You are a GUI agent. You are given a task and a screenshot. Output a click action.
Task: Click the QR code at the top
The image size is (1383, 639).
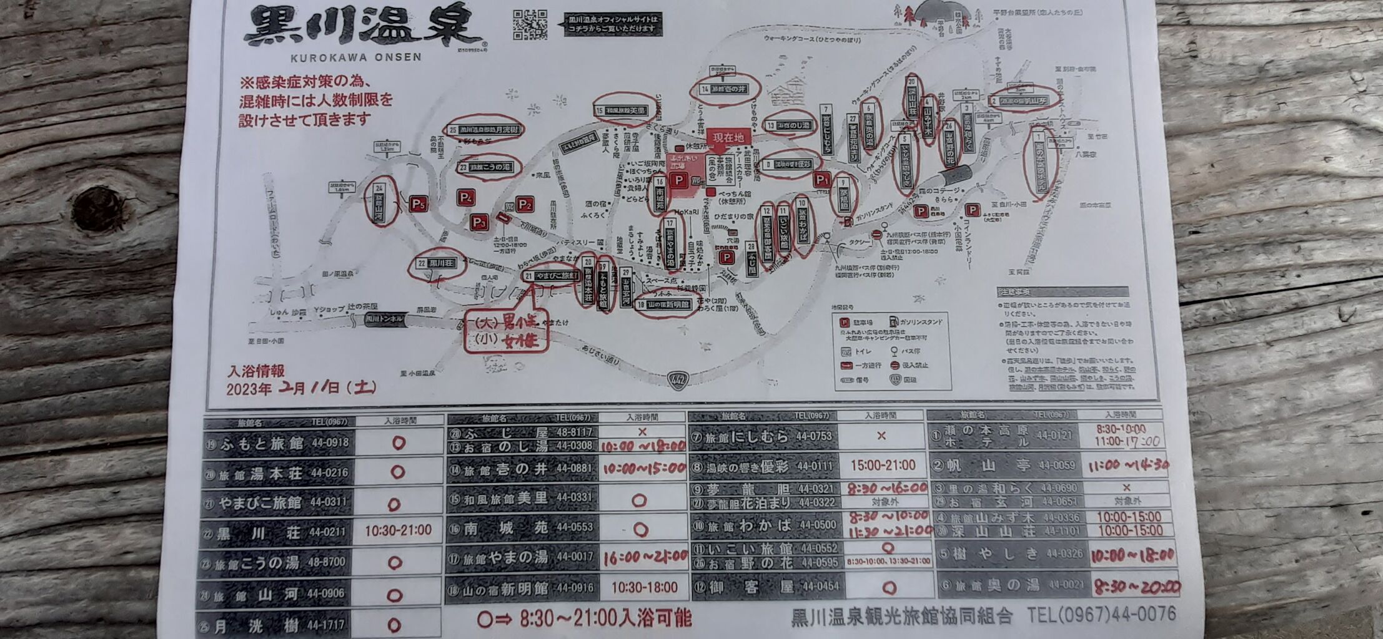point(530,25)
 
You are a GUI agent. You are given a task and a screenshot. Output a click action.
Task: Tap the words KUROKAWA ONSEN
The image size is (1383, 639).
point(356,57)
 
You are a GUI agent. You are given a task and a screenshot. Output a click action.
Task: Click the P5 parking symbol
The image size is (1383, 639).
point(419,204)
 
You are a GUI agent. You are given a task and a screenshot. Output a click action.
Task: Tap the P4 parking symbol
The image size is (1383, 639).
point(465,198)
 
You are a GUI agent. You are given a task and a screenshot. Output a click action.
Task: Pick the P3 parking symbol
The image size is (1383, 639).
point(479,222)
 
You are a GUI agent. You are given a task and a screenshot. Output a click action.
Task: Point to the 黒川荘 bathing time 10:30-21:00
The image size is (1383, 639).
point(398,530)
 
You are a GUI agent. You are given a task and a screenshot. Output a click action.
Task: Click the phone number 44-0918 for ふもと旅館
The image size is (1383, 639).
point(329,443)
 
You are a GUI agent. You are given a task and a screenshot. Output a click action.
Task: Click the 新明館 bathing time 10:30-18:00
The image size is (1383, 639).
point(644,587)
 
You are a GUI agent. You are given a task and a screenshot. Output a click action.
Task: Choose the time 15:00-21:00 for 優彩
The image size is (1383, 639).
point(882,466)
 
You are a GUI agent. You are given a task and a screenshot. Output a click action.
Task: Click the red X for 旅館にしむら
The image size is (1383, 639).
point(881,436)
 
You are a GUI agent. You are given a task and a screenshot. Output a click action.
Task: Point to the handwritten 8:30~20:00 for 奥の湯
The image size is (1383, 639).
point(1136,587)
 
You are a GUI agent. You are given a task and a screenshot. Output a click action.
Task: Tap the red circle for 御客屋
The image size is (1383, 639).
point(889,587)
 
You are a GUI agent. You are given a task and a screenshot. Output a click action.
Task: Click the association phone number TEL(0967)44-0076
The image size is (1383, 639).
point(1101,615)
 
